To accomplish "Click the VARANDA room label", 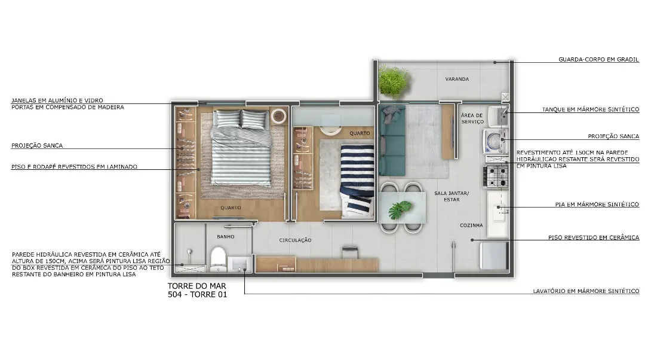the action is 457,79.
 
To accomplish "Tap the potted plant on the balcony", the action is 394,81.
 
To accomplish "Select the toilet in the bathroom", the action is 217,259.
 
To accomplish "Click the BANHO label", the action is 225,236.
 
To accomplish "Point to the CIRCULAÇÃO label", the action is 295,240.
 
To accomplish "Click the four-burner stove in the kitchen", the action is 496,176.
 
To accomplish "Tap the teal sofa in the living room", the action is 392,141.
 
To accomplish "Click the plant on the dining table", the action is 399,210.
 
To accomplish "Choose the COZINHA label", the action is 471,225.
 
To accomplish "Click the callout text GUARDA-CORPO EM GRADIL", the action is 598,59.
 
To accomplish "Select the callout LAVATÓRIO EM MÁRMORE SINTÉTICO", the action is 586,291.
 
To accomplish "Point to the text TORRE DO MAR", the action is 196,285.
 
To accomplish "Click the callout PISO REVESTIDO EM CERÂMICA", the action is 594,237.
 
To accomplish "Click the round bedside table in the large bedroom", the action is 278,116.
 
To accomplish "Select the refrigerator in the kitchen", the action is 494,256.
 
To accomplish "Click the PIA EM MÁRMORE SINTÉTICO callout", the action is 597,205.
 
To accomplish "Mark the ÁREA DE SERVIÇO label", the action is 472,118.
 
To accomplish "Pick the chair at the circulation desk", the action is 349,252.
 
